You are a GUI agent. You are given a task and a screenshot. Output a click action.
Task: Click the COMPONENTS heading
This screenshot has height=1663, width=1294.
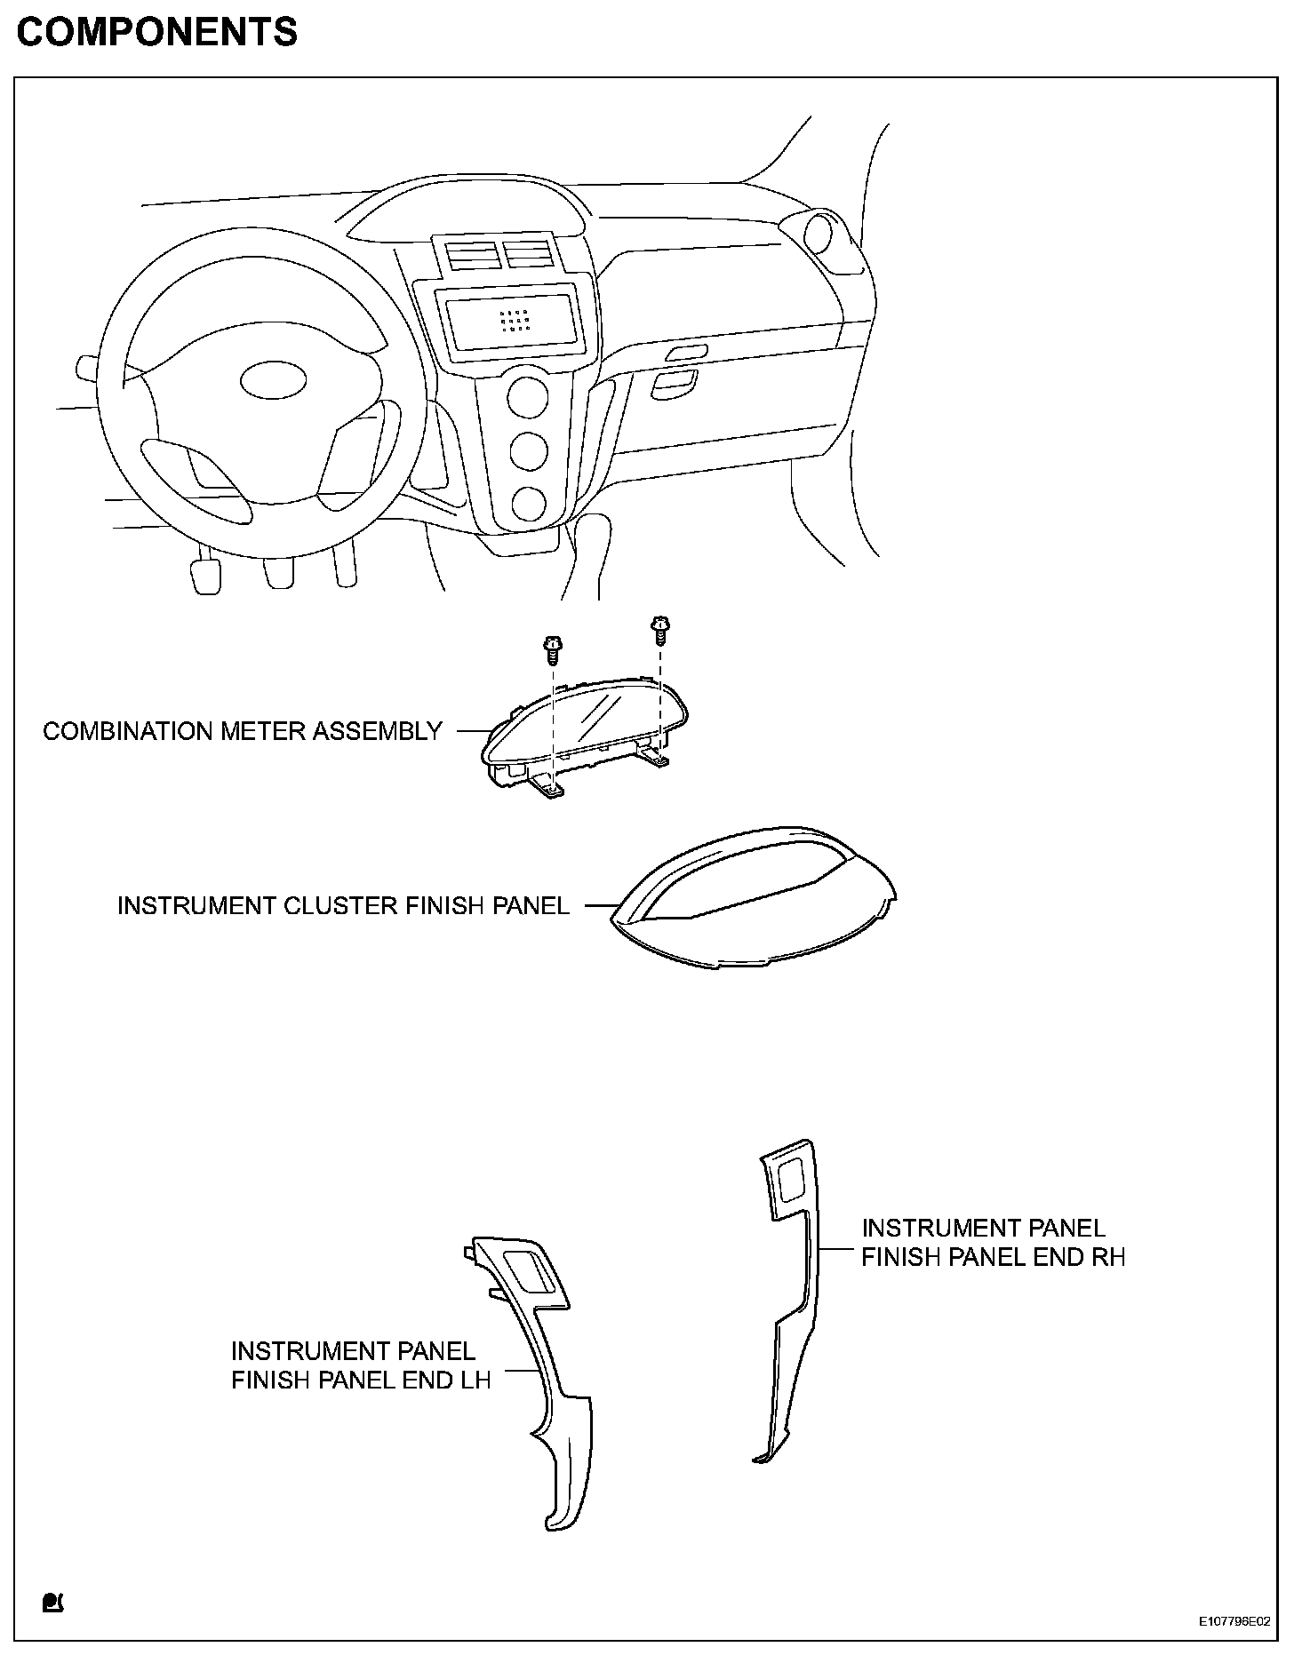point(157,33)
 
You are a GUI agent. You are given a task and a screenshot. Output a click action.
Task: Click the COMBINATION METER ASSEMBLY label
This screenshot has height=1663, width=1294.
point(242,731)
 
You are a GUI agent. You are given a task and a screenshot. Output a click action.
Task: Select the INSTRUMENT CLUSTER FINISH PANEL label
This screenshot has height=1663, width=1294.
point(343,905)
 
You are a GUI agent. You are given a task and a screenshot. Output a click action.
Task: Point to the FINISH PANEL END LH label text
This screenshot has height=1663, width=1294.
point(361,1381)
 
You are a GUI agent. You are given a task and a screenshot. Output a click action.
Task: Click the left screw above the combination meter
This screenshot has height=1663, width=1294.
point(551,651)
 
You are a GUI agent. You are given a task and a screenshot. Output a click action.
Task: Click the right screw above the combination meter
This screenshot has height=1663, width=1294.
point(659,629)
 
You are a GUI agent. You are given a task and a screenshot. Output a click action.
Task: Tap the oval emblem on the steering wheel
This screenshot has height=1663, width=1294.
point(274,380)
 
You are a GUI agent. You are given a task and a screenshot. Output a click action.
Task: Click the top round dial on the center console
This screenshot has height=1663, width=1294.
point(527,397)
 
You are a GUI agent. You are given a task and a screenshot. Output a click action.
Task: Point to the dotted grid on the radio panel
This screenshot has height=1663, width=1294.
point(515,321)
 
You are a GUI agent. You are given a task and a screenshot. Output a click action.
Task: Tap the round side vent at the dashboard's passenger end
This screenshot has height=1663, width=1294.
point(819,234)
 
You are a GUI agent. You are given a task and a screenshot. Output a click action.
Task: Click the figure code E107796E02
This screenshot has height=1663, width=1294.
point(1233,1646)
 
